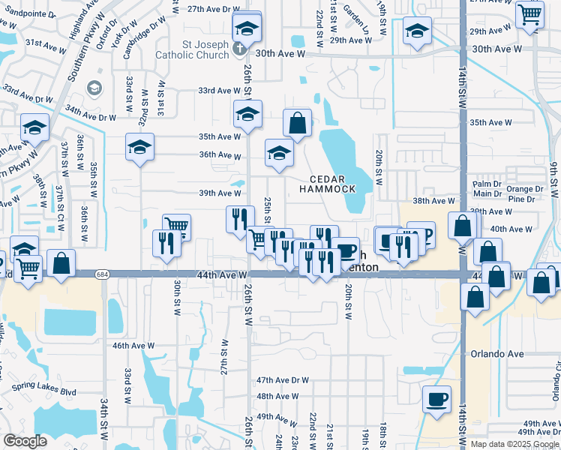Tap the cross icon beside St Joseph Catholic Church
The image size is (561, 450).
coord(239,49)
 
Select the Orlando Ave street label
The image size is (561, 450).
coord(491,353)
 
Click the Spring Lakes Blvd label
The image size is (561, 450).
coord(44,391)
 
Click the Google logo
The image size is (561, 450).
coord(25,441)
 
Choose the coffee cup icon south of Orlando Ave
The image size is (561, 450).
coord(436,398)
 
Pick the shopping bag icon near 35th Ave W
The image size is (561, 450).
coord(297,123)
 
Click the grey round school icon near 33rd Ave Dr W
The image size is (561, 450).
coord(94,88)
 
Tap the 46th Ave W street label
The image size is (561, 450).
coord(133,346)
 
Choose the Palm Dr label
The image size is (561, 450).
coord(487,184)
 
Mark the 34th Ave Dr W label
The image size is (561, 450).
coord(91,117)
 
